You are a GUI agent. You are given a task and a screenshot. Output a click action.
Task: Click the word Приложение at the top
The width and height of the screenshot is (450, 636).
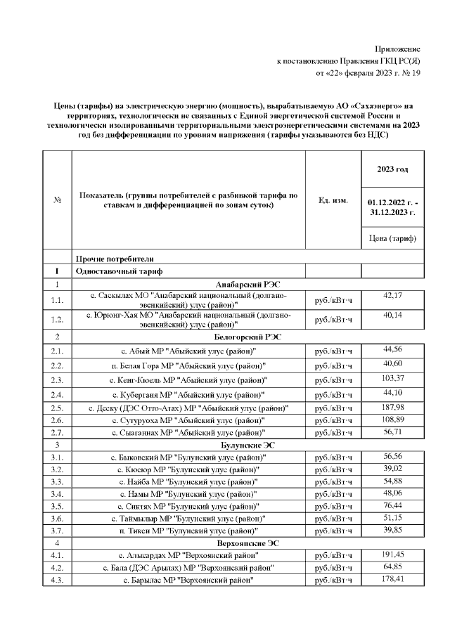[397, 49]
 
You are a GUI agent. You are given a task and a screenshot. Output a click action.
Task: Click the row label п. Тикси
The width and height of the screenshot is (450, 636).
[188, 530]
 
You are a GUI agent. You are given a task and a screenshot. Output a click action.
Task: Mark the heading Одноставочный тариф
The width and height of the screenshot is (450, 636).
[119, 271]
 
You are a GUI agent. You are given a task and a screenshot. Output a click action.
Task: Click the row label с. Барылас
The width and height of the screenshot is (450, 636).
[188, 580]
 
